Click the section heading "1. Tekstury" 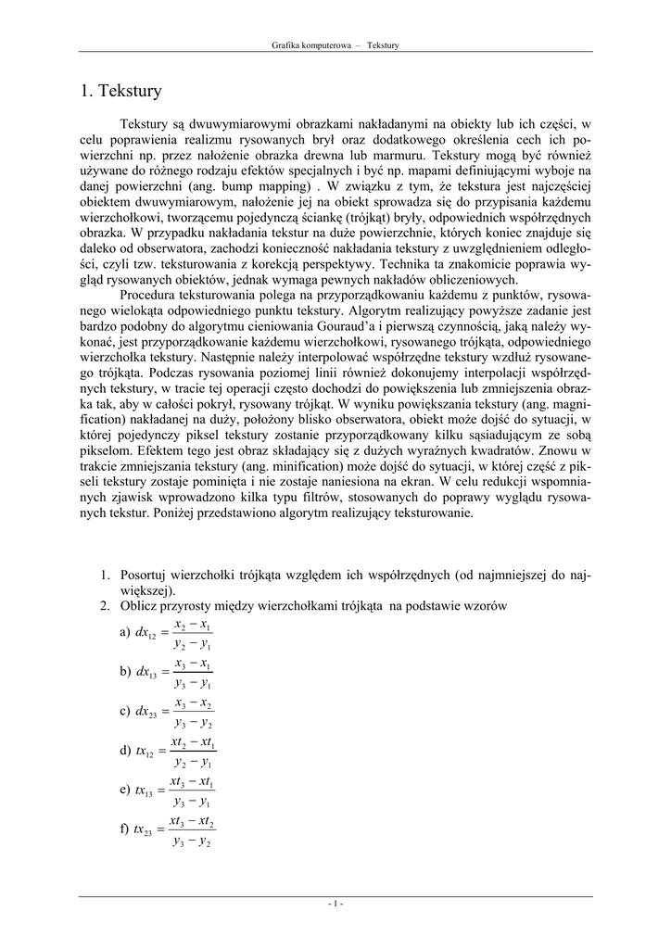point(120,91)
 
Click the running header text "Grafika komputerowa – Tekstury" point(335,44)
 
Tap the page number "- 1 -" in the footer point(335,903)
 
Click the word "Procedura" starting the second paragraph point(150,294)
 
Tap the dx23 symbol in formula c point(146,714)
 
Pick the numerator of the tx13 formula point(192,783)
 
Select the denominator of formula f point(192,842)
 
